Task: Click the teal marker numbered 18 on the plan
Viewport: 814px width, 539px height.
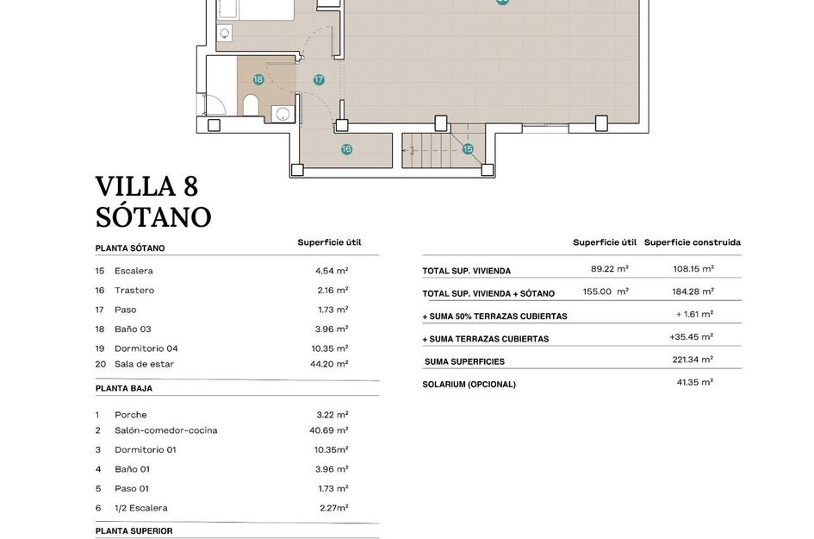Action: (258, 79)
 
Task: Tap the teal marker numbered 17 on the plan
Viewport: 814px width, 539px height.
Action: (319, 79)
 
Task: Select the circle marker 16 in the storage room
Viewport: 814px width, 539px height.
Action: (346, 149)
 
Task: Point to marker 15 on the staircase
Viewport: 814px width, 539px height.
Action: (468, 149)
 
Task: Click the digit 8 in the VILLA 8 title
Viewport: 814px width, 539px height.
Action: (190, 186)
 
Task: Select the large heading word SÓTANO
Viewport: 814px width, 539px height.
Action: (152, 216)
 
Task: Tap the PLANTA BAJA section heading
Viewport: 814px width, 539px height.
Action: (123, 389)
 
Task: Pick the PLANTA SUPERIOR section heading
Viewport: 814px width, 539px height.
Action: (134, 531)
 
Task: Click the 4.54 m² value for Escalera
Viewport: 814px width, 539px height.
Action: (332, 271)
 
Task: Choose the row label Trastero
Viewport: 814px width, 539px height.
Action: (134, 291)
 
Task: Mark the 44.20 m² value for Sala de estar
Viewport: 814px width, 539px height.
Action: (330, 364)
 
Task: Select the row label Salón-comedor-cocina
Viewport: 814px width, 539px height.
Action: (165, 430)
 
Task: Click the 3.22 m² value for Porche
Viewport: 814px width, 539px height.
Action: (332, 415)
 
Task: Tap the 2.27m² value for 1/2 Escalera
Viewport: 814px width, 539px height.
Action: (333, 508)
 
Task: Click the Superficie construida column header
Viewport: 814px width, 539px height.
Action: (692, 242)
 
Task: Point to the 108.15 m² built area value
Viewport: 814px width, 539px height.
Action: (693, 269)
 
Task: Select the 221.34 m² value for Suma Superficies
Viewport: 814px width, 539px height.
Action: (693, 360)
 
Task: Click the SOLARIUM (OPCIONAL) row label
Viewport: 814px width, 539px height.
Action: (469, 385)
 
